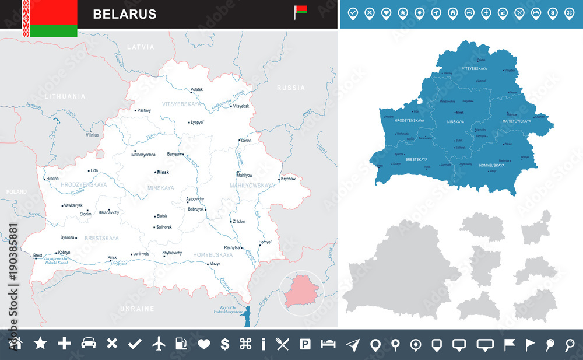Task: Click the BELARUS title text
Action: click(124, 14)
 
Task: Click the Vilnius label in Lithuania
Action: click(92, 135)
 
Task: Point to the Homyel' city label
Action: click(265, 242)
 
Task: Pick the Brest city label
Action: click(38, 255)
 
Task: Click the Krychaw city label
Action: click(288, 179)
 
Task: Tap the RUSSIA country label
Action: click(290, 88)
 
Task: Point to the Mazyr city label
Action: click(215, 264)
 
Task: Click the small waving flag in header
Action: click(300, 11)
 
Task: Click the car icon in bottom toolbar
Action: click(88, 344)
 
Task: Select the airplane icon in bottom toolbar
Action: click(159, 344)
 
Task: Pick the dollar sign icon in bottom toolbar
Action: click(225, 344)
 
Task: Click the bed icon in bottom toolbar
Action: click(328, 344)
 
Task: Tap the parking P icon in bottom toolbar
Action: click(305, 344)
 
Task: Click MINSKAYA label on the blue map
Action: click(455, 121)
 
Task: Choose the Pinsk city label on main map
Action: click(112, 257)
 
